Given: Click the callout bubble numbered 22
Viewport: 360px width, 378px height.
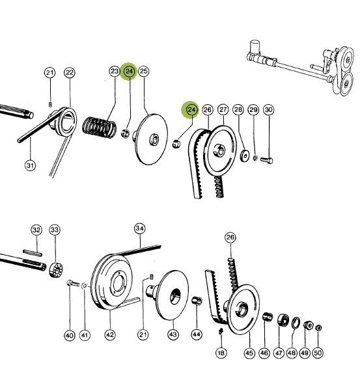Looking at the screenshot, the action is (x=70, y=73).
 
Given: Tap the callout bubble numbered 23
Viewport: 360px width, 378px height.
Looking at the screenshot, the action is (x=115, y=71).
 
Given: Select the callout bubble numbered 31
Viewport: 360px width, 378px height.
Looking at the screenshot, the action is (x=30, y=166).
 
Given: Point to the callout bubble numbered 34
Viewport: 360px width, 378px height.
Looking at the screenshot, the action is (x=140, y=228).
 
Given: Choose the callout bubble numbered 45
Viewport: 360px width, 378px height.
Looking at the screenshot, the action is (x=249, y=353).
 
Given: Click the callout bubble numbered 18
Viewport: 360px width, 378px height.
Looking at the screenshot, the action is (x=221, y=353).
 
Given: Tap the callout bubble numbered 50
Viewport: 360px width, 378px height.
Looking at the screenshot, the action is (x=318, y=353).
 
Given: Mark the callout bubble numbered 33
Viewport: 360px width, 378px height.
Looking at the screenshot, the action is (x=55, y=230).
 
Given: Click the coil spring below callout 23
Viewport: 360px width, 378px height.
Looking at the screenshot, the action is (x=99, y=128).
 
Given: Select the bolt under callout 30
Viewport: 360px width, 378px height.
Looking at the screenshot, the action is (x=267, y=160).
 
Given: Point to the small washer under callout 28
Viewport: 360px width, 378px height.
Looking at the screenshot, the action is (x=245, y=155).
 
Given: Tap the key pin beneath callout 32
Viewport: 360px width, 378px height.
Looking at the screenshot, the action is (x=33, y=253).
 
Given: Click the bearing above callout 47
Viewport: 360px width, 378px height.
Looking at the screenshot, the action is (x=283, y=320).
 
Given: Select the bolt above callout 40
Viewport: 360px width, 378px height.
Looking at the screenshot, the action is (x=73, y=283).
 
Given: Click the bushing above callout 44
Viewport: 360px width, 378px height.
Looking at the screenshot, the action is (x=197, y=301).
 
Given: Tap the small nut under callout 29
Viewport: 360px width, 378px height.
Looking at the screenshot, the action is (x=255, y=158).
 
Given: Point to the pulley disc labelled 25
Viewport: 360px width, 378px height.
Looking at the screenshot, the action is (x=150, y=139).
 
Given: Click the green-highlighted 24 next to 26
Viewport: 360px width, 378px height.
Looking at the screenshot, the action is (x=192, y=110).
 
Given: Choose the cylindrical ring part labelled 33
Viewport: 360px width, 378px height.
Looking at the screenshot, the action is (x=56, y=270).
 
